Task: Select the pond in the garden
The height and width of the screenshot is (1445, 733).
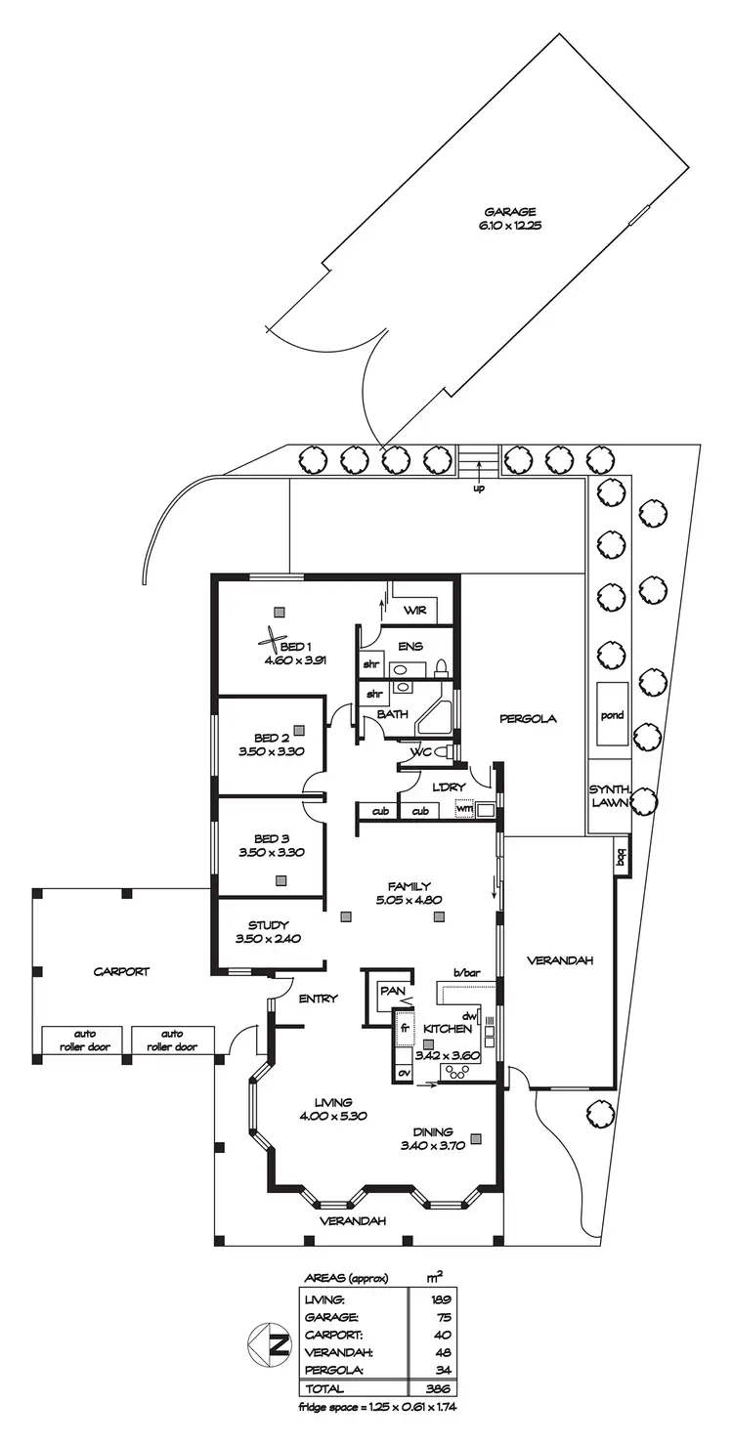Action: tap(612, 715)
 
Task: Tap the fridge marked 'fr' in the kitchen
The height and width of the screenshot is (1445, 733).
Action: tap(403, 1030)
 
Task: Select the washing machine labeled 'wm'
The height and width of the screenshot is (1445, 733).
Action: tap(464, 810)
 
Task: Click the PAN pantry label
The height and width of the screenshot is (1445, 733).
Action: tap(393, 991)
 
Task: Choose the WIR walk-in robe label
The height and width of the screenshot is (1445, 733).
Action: tap(415, 610)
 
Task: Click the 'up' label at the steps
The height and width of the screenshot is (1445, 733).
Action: tap(479, 489)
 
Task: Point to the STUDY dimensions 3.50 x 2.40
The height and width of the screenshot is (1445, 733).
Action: tap(267, 939)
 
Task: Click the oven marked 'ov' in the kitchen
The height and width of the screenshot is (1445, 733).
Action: tap(403, 1072)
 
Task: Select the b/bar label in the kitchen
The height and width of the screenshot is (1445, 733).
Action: tap(468, 972)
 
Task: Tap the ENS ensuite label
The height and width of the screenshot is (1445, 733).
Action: tap(410, 647)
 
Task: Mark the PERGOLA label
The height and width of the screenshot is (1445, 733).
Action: tap(528, 718)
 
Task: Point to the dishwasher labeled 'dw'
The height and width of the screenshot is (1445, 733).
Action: tap(468, 1014)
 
